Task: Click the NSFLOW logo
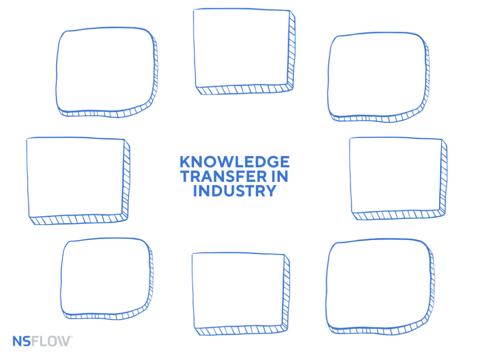tap(43, 341)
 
